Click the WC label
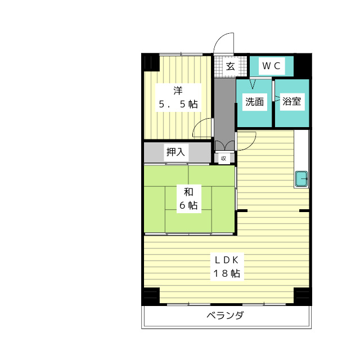pyautogui.click(x=272, y=66)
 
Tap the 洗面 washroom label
pyautogui.click(x=254, y=102)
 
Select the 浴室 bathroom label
pyautogui.click(x=292, y=102)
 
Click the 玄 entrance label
pyautogui.click(x=231, y=66)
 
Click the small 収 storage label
pyautogui.click(x=223, y=158)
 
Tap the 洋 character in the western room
pyautogui.click(x=178, y=90)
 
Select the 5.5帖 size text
pyautogui.click(x=178, y=104)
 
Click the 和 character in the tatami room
pyautogui.click(x=188, y=191)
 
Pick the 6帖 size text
pyautogui.click(x=188, y=205)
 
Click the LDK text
pyautogui.click(x=226, y=260)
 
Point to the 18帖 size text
pyautogui.click(x=226, y=274)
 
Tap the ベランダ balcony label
pyautogui.click(x=225, y=315)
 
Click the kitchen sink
pyautogui.click(x=301, y=178)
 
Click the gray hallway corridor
pyautogui.click(x=223, y=107)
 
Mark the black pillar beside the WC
pyautogui.click(x=303, y=65)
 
